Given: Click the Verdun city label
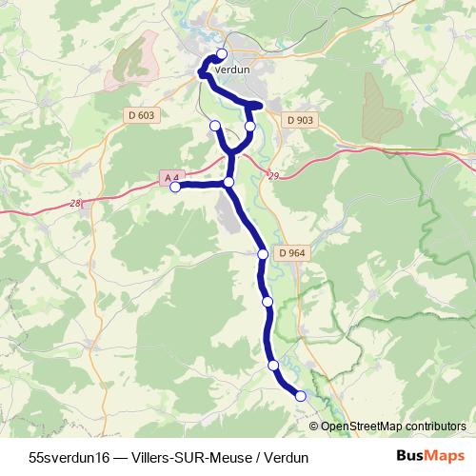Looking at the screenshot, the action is (232, 69).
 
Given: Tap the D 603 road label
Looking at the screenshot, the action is (139, 114).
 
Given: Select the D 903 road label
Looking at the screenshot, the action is (298, 120).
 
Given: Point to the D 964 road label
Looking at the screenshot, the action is (289, 252).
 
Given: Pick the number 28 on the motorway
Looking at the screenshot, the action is (75, 204).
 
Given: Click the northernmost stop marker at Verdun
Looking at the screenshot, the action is (222, 53).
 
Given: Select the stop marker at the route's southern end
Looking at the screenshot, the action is (301, 396).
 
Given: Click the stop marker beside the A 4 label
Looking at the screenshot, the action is (175, 188).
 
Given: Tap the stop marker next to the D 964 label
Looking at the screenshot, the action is (264, 254).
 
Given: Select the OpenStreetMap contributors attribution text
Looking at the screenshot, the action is (393, 426).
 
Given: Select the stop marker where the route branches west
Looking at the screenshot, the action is (228, 182).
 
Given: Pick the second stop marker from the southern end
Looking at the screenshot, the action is (274, 366).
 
